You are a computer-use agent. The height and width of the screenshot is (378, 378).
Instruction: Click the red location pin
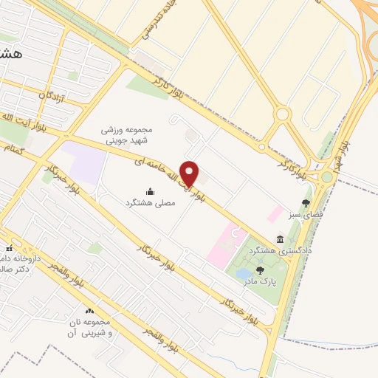click(190, 173)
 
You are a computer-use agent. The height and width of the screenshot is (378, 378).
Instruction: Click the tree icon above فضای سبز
click(306, 203)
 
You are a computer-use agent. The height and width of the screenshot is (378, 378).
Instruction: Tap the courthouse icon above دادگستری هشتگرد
click(281, 238)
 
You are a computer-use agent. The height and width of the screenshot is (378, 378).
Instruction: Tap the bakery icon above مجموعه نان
click(90, 312)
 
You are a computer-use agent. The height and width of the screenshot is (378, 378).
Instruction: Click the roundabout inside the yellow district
click(281, 114)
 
